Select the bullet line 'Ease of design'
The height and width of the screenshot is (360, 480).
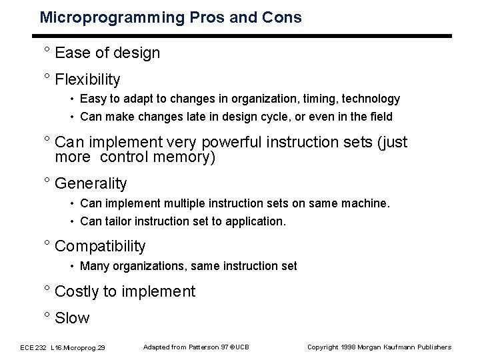click(x=107, y=53)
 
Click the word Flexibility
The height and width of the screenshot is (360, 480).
click(x=88, y=80)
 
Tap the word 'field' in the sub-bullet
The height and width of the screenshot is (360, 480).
click(x=379, y=117)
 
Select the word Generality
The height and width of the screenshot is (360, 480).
click(x=91, y=183)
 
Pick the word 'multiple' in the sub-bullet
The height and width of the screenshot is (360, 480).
click(x=183, y=202)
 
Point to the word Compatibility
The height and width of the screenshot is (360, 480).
click(x=100, y=246)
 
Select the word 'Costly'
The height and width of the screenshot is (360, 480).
click(x=77, y=291)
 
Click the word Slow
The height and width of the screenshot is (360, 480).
click(x=72, y=318)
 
